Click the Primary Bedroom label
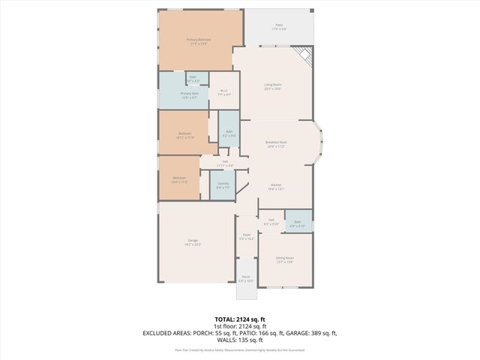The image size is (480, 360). click(x=199, y=41)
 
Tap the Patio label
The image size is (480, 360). click(x=278, y=27)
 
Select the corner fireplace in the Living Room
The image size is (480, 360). click(x=302, y=55)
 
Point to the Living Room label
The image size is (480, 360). click(x=272, y=86)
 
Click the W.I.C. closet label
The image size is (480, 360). click(x=223, y=93)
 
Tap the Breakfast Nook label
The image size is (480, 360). click(x=277, y=144)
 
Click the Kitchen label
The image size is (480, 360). click(x=276, y=187)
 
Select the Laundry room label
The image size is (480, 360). click(x=223, y=185)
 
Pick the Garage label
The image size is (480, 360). click(x=193, y=242)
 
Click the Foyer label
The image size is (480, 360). click(x=247, y=236)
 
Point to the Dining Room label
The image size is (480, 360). click(x=285, y=259)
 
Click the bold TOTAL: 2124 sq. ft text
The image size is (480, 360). click(x=239, y=319)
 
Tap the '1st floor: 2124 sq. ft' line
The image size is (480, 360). click(x=239, y=326)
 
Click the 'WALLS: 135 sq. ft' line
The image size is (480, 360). click(x=239, y=340)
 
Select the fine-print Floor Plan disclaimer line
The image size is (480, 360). click(x=239, y=349)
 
